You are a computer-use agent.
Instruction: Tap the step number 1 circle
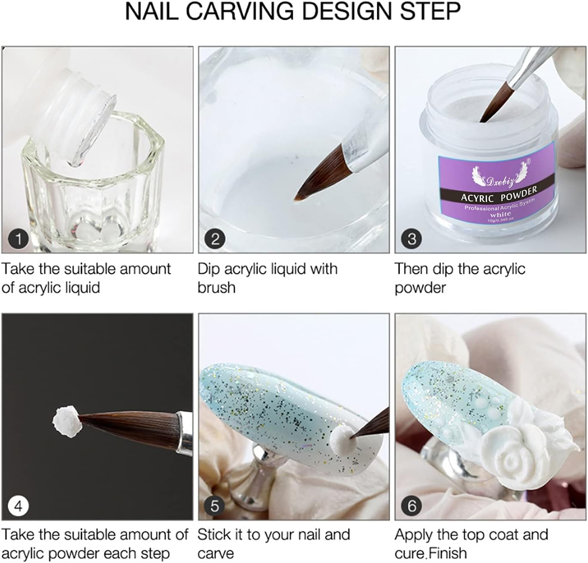click(x=18, y=238)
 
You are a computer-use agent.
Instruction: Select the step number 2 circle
click(x=215, y=238)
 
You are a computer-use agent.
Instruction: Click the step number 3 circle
click(x=412, y=238)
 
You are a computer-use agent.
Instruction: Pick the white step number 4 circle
click(x=18, y=506)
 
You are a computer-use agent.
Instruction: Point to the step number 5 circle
click(x=215, y=506)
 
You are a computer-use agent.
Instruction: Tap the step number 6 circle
click(x=412, y=506)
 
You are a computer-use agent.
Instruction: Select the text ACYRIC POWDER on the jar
click(x=499, y=195)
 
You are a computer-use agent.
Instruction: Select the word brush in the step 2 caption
click(x=216, y=287)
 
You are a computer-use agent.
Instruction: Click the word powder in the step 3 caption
click(x=420, y=287)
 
